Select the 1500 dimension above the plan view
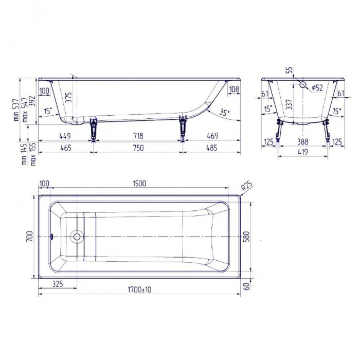pyautogui.click(x=139, y=183)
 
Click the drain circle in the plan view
pyautogui.click(x=77, y=237)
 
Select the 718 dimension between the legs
pyautogui.click(x=137, y=137)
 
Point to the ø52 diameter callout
pyautogui.click(x=317, y=88)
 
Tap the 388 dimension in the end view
pyautogui.click(x=303, y=141)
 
